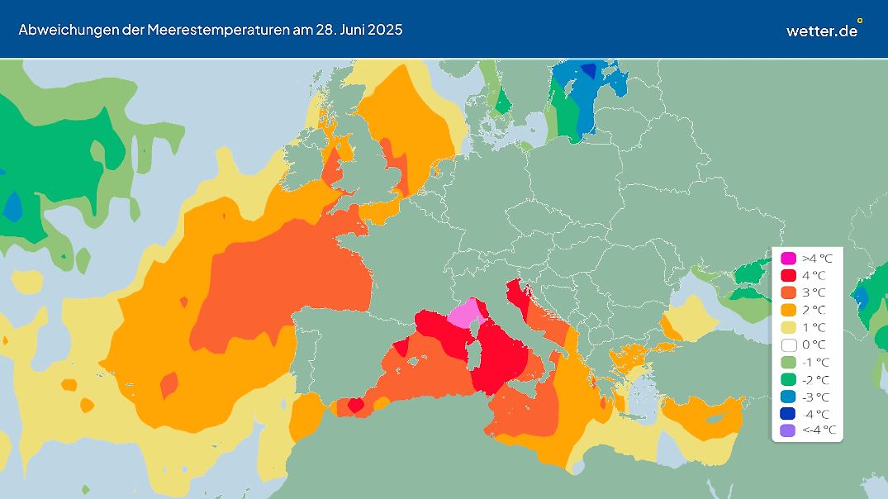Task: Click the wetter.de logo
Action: click(823, 30)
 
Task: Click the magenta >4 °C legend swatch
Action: click(789, 258)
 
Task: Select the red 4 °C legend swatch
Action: click(789, 275)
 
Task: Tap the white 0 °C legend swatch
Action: click(789, 345)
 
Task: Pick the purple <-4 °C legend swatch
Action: click(789, 430)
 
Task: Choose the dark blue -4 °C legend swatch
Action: click(789, 413)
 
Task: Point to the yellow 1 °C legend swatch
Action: click(789, 327)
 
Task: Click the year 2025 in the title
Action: click(385, 30)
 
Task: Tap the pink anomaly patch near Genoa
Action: click(466, 314)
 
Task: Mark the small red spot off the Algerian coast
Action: click(355, 405)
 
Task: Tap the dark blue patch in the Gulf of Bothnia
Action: click(588, 70)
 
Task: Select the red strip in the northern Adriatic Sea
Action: click(518, 293)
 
